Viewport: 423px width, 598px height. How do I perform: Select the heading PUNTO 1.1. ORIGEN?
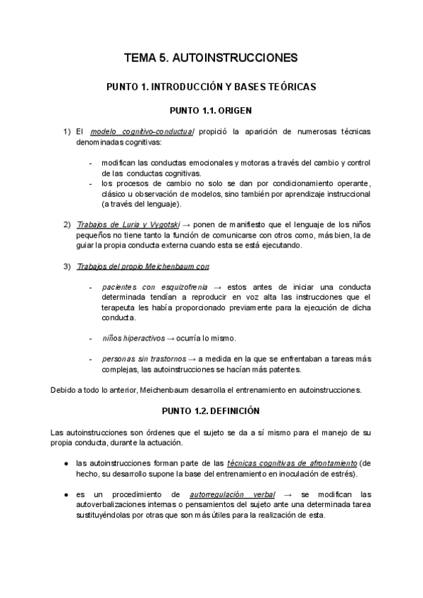coord(211,111)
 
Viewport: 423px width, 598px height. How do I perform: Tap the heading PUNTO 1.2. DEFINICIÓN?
coord(211,410)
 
